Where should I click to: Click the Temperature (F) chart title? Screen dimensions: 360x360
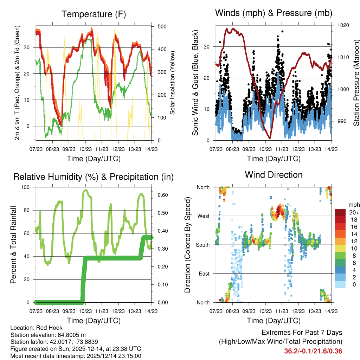[94, 14]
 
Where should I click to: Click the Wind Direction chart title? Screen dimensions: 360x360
[274, 174]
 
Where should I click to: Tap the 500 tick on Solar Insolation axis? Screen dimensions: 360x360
[162, 26]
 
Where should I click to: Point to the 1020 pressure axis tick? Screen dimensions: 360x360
[343, 25]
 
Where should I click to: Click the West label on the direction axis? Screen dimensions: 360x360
[203, 216]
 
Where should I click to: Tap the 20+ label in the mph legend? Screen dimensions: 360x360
[354, 212]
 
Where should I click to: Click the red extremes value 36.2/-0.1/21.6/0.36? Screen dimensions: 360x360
[313, 351]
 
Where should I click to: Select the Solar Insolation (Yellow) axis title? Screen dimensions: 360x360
[173, 83]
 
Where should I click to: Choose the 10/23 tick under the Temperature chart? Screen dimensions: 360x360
[85, 149]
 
